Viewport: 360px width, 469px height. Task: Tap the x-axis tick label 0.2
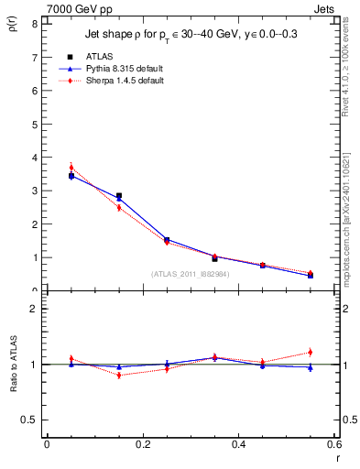click(x=142, y=444)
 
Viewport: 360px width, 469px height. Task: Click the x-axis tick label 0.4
click(x=239, y=444)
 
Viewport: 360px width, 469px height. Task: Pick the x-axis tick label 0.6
click(x=334, y=444)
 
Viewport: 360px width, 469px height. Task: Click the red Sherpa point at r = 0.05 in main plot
click(x=71, y=168)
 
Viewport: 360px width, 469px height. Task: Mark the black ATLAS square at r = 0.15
click(x=119, y=196)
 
